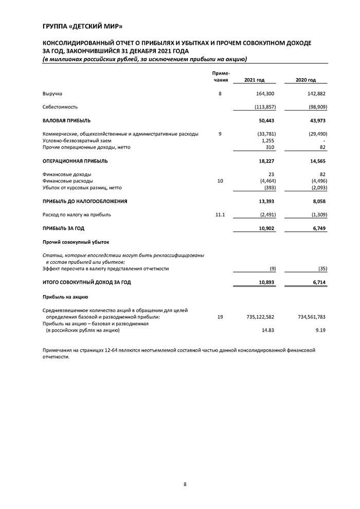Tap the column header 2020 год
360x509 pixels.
point(305,80)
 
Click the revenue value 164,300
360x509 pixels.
point(265,94)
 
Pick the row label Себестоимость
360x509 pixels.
point(60,107)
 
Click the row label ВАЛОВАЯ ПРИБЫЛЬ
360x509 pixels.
point(66,120)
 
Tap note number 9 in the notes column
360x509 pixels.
point(220,134)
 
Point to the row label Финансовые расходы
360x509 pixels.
point(67,181)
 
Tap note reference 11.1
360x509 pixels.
point(220,214)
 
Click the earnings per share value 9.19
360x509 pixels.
point(321,330)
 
